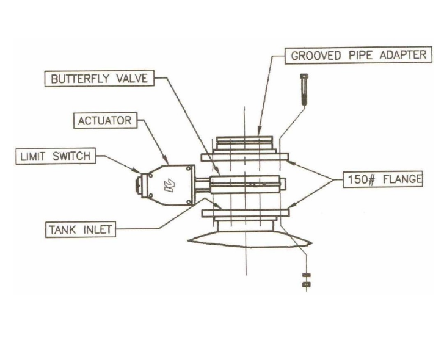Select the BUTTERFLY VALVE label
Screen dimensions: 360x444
(x=99, y=79)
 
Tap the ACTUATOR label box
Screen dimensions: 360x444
(x=104, y=121)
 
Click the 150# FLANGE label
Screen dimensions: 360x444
(x=382, y=179)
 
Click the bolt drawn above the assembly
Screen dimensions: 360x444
(x=303, y=89)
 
